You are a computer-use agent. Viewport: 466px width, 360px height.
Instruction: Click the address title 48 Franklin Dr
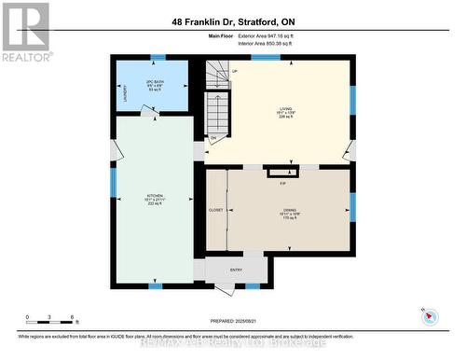(x=232, y=21)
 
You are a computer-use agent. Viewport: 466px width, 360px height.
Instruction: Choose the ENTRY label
(x=236, y=271)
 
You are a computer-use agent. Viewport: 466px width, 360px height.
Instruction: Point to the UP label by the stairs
(x=234, y=72)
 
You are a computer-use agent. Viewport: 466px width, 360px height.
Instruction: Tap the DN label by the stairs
(x=212, y=138)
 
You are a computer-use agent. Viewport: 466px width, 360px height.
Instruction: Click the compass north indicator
(x=429, y=314)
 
